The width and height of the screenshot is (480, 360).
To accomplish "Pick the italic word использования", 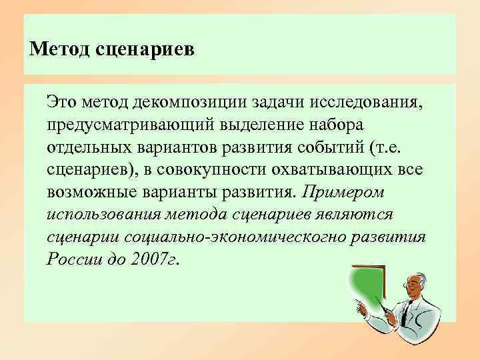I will tap(102, 215).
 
